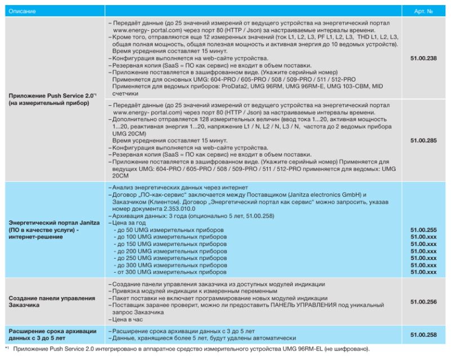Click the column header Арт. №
pos(423,11)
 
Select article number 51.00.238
pos(423,58)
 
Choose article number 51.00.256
pos(423,302)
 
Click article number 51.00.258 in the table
pos(423,334)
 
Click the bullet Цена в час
pos(129,318)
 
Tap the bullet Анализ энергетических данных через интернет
pos(180,187)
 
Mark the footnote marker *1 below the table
pos(7,349)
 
